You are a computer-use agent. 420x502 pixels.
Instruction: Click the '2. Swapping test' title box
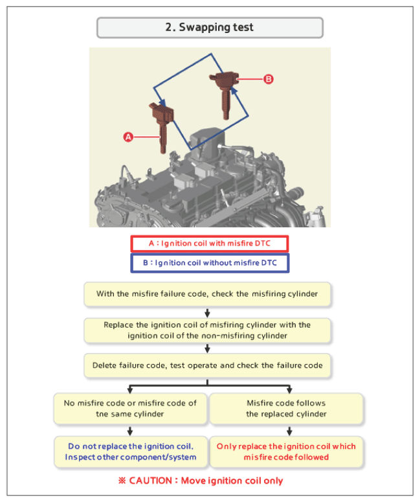(x=210, y=28)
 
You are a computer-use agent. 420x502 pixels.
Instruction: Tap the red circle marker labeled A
(x=128, y=137)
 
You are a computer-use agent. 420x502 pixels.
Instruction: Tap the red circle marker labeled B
(x=269, y=79)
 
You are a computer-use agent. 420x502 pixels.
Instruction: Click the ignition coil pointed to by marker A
(x=162, y=126)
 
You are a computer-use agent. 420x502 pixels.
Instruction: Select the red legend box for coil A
(x=210, y=244)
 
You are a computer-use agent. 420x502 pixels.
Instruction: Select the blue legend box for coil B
(x=210, y=263)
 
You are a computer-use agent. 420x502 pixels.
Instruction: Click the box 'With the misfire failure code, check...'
(x=207, y=294)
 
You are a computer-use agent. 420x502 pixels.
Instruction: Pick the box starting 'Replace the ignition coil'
(x=207, y=330)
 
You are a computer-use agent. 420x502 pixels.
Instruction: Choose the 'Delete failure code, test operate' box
(x=207, y=365)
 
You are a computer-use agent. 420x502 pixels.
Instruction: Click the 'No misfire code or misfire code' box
(x=130, y=409)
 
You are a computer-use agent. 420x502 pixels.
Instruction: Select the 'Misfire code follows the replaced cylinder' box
(x=286, y=409)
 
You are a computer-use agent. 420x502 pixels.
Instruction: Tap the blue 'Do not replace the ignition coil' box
(x=131, y=451)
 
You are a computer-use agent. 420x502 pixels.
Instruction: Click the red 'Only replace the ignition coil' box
(x=286, y=451)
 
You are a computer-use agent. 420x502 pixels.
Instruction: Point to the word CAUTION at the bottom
(x=150, y=481)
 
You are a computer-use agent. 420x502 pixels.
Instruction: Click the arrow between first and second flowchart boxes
(x=207, y=313)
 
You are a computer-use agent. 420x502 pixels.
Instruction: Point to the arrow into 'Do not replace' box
(x=130, y=431)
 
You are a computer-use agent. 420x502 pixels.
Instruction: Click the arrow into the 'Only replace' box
(x=289, y=431)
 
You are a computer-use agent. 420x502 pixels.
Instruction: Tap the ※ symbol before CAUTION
(x=122, y=481)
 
